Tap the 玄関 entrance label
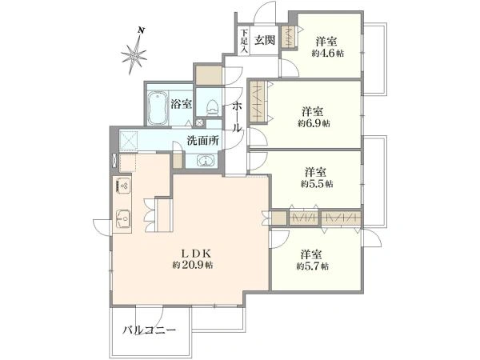click(265, 40)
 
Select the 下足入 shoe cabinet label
click(243, 41)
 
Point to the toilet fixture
click(210, 106)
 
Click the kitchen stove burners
click(124, 186)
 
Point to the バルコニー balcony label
click(150, 330)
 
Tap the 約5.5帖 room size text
click(318, 184)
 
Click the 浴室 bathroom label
click(181, 103)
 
